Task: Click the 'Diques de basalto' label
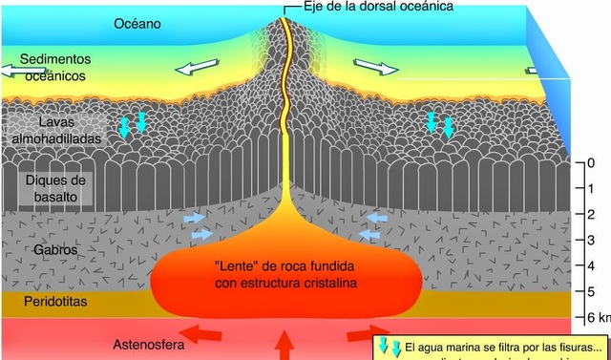pyautogui.click(x=55, y=188)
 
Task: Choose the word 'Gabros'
pyautogui.click(x=55, y=250)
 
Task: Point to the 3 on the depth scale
pyautogui.click(x=592, y=240)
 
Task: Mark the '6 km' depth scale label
pyautogui.click(x=598, y=316)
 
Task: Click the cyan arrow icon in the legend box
pyautogui.click(x=390, y=348)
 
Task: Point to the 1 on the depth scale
pyautogui.click(x=592, y=188)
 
